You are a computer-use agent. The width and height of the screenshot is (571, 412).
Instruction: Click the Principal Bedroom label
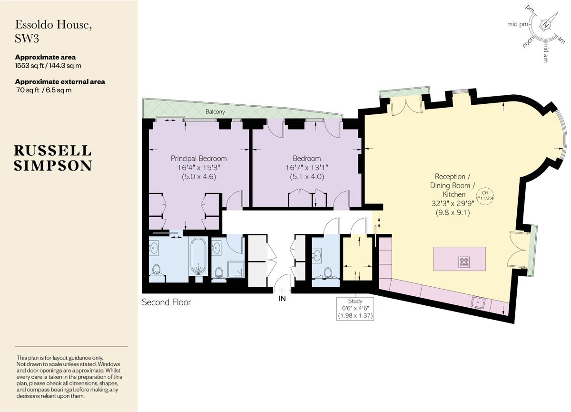[x=198, y=158]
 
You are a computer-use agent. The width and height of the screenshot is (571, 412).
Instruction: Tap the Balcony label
[x=216, y=111]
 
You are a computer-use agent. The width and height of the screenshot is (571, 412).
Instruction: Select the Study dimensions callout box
[x=355, y=308]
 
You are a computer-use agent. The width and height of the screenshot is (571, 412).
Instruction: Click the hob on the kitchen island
[x=463, y=261]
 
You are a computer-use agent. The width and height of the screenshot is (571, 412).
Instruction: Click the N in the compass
[x=546, y=25]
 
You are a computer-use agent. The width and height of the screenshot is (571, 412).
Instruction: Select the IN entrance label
[x=282, y=299]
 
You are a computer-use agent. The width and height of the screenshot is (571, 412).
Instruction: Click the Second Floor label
[x=167, y=302]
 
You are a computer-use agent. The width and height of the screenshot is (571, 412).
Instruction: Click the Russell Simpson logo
[x=53, y=158]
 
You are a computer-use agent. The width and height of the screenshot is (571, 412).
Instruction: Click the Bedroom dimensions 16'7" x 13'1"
[x=306, y=167]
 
